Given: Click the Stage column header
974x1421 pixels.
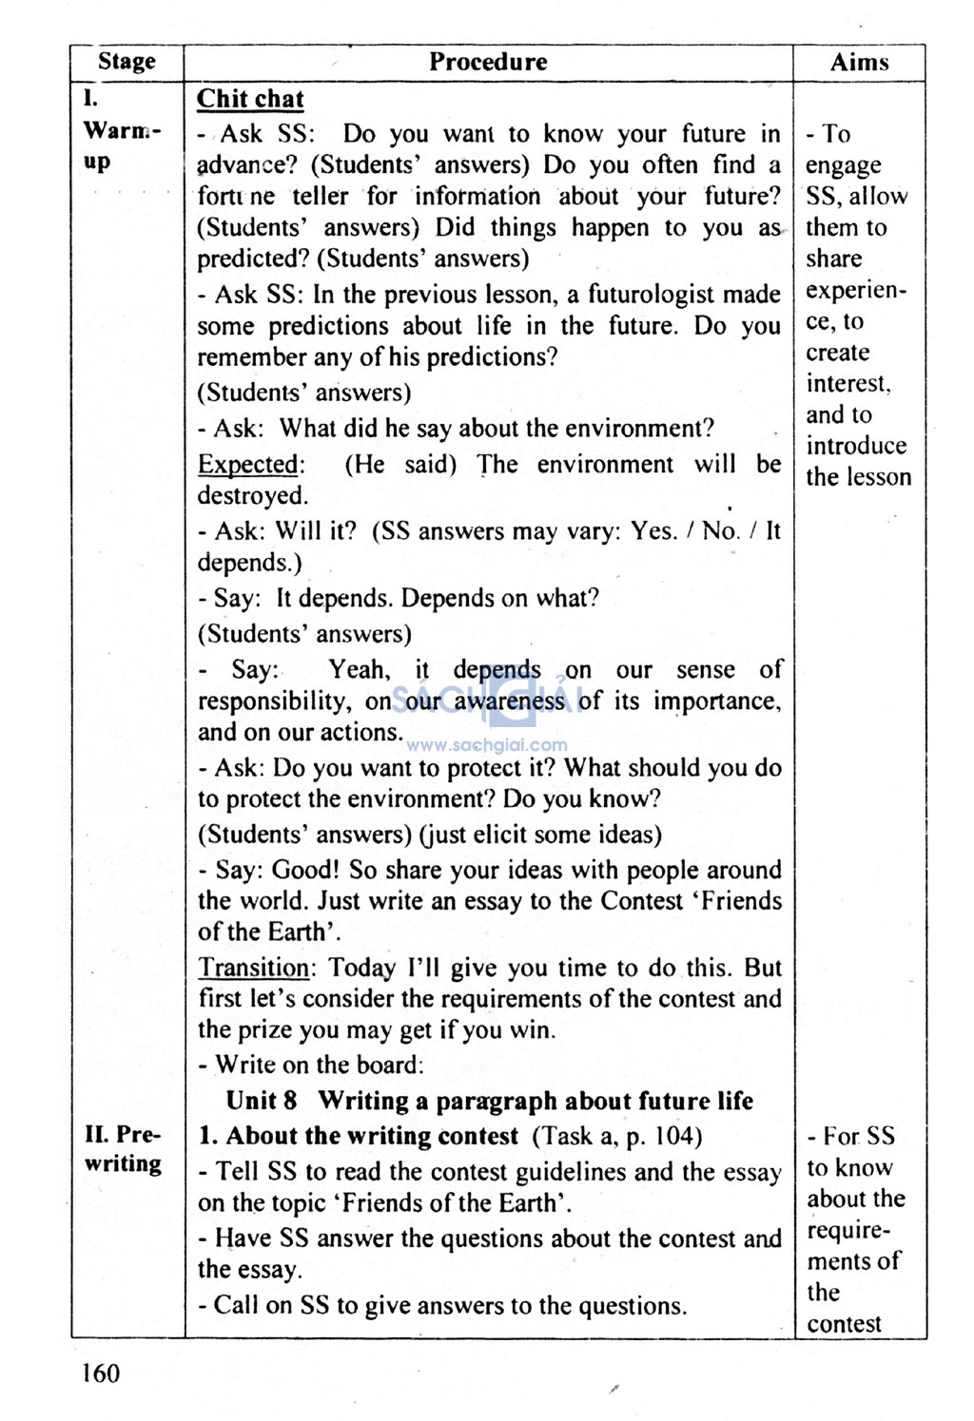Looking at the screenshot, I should pyautogui.click(x=127, y=63).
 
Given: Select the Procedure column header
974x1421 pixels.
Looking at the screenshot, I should pyautogui.click(x=488, y=63).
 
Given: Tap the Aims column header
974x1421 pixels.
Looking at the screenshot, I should pyautogui.click(x=859, y=63).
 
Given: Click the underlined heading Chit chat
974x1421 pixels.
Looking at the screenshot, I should pyautogui.click(x=250, y=99).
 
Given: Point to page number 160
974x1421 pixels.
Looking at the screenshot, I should pyautogui.click(x=101, y=1373).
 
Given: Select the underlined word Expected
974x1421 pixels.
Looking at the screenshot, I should pyautogui.click(x=248, y=465).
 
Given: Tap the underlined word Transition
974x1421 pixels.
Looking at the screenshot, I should pyautogui.click(x=253, y=969).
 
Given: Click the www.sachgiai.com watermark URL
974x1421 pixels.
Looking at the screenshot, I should pyautogui.click(x=487, y=746).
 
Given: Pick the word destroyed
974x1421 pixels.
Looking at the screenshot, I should pyautogui.click(x=252, y=496).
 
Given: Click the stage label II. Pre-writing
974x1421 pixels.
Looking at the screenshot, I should pyautogui.click(x=124, y=1149).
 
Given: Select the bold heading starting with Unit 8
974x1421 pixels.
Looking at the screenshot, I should pyautogui.click(x=489, y=1101).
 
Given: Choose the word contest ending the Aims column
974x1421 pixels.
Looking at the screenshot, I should pyautogui.click(x=845, y=1323).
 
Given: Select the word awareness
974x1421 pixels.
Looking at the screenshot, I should pyautogui.click(x=509, y=701).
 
